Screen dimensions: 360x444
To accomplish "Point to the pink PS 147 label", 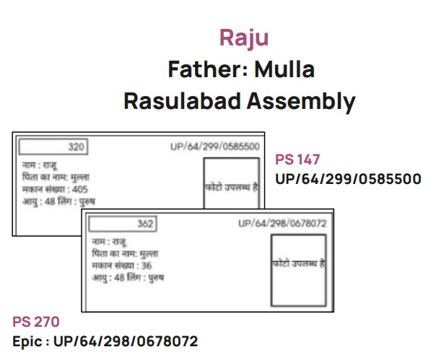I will coord(297,160).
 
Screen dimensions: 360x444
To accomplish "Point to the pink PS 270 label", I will coord(35,322).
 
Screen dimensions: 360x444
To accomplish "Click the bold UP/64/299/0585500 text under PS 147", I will coord(348,178).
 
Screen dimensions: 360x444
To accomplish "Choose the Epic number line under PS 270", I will coord(105,341).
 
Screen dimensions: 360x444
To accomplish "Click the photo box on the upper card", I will coord(232,185).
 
